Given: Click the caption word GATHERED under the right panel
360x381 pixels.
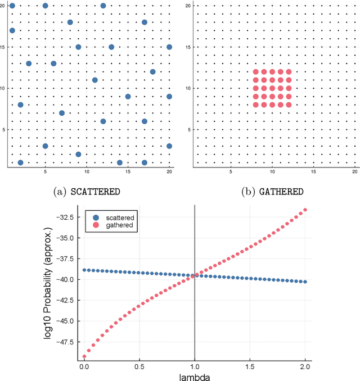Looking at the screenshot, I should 281,191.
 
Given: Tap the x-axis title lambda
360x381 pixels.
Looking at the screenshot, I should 194,377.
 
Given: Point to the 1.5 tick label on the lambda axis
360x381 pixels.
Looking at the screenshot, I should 250,365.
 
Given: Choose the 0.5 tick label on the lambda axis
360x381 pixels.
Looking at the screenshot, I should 139,365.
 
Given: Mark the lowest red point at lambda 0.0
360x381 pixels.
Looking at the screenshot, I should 84,356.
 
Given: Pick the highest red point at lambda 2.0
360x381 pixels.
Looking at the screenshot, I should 305,210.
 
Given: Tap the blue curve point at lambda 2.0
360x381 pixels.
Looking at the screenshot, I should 305,282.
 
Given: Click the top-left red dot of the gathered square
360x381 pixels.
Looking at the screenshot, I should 255,72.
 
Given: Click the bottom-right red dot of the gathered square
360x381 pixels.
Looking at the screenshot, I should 289,105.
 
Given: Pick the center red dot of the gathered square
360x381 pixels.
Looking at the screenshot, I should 272,88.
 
